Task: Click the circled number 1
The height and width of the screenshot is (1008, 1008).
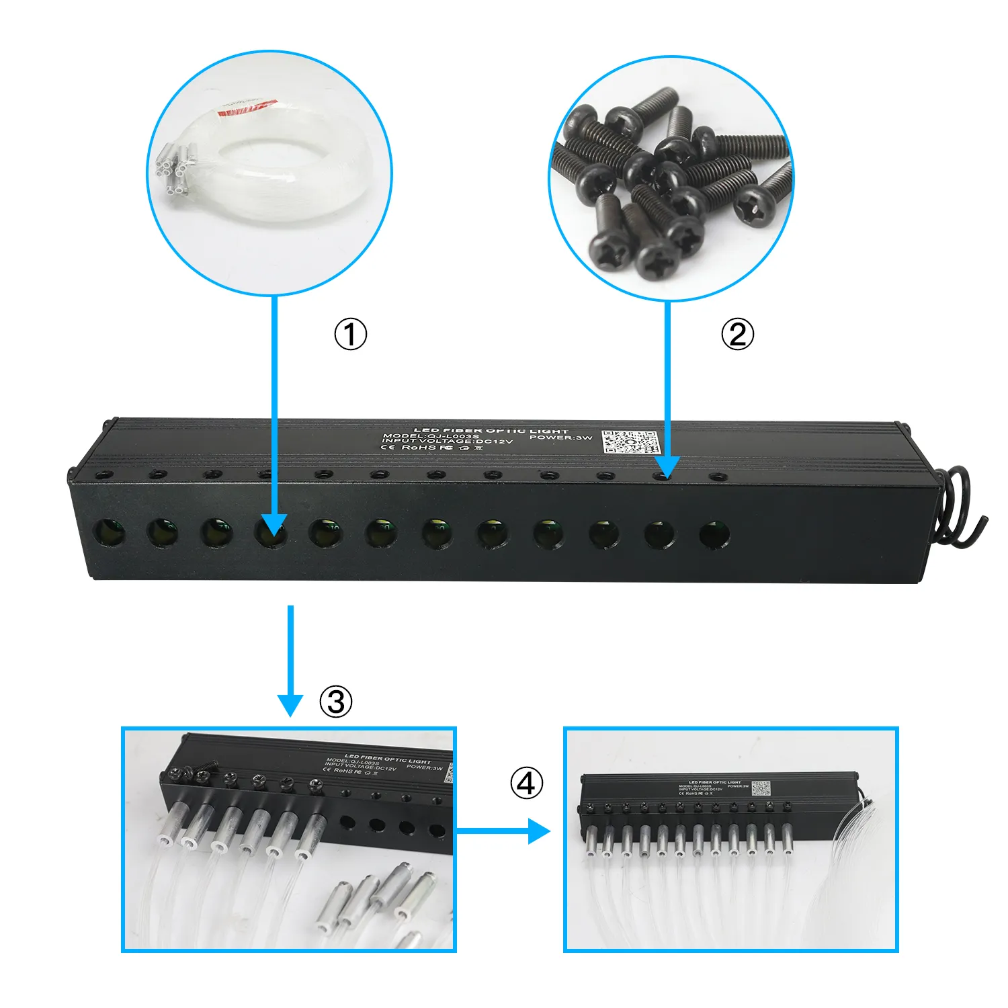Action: [x=351, y=334]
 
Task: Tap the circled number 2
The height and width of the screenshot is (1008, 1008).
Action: [x=737, y=334]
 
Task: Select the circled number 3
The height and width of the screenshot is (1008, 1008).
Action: [x=335, y=702]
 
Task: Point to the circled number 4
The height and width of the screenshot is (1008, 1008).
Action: [x=526, y=783]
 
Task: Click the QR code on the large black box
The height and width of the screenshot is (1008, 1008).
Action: [x=630, y=442]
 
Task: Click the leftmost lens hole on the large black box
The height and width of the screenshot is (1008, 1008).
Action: [x=110, y=532]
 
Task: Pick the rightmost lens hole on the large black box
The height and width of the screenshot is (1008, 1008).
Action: [x=714, y=535]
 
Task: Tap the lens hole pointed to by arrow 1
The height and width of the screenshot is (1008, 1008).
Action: [x=271, y=534]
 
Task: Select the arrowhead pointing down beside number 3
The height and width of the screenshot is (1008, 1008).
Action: [x=290, y=704]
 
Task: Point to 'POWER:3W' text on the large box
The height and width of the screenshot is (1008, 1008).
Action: [x=560, y=437]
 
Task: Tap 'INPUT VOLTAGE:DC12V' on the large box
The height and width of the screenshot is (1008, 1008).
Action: [x=448, y=442]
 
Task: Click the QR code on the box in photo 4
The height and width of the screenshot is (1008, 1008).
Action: [x=761, y=788]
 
